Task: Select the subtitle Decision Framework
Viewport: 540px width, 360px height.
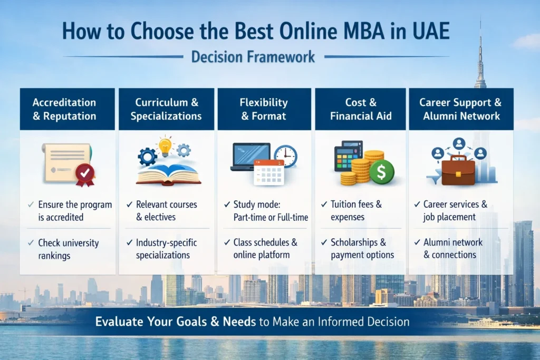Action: coord(253,56)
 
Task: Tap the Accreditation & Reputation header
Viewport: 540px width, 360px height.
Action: coord(64,109)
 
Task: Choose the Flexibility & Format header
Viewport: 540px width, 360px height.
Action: coord(264,109)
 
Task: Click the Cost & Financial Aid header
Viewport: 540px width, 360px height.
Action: coord(361,109)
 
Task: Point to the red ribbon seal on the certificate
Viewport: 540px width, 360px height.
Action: coord(85,173)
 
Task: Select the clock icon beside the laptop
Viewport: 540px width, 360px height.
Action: coord(285,157)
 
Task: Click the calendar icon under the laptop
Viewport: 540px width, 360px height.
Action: coord(268,172)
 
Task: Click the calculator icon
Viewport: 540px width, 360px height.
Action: coord(349,156)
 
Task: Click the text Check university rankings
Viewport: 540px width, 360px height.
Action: coord(68,249)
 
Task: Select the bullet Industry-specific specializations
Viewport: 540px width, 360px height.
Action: coord(166,249)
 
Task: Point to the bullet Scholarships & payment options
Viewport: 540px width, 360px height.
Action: coord(362,249)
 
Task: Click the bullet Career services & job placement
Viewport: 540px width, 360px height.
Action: coord(455,210)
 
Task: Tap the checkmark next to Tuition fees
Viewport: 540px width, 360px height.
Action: coord(323,204)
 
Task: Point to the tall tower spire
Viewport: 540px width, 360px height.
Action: coord(480,53)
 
